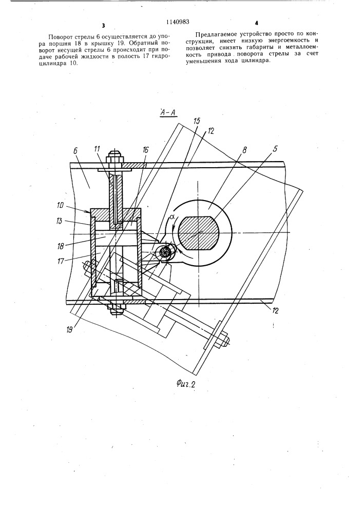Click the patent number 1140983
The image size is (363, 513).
click(x=178, y=22)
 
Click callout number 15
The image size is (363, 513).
click(x=196, y=122)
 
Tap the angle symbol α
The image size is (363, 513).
click(x=170, y=217)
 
